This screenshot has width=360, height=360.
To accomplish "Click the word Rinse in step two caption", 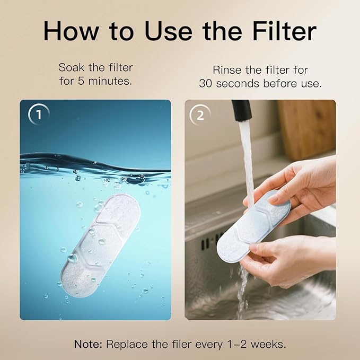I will click(x=228, y=70).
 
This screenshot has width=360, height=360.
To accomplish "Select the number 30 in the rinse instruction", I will click(x=206, y=84).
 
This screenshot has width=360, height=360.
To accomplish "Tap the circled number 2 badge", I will click(x=200, y=115).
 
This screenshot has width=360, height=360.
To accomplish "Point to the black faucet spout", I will click(x=242, y=110).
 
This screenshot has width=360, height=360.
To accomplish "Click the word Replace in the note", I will click(x=126, y=344).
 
